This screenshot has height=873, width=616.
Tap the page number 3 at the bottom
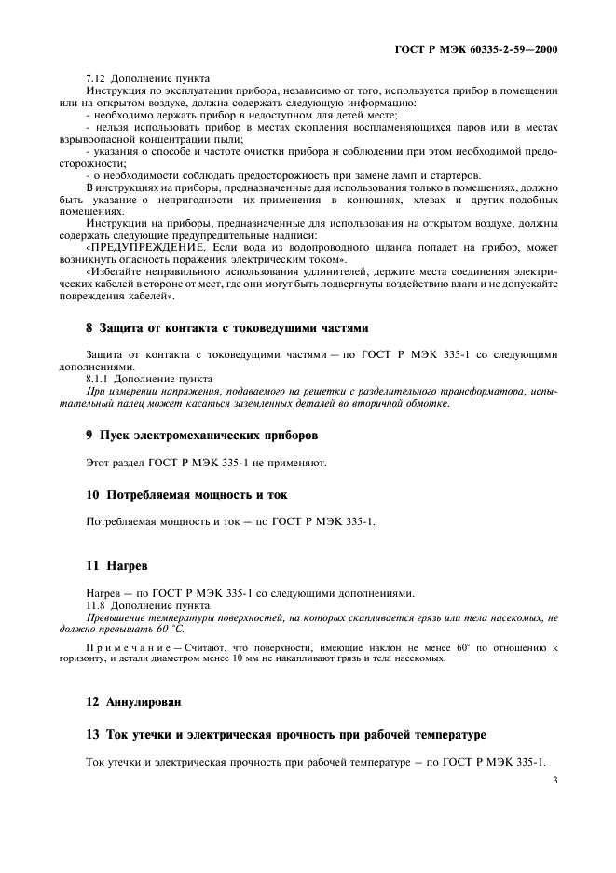[x=554, y=782]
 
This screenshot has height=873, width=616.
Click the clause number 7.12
[x=97, y=77]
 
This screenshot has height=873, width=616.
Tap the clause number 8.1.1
[x=100, y=380]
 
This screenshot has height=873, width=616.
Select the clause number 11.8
[x=97, y=606]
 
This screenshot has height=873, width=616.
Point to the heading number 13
[x=92, y=736]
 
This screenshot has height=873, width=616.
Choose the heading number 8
[x=89, y=328]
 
